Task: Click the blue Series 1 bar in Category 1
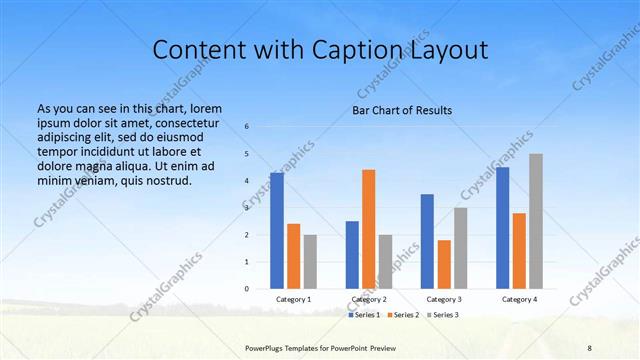tap(277, 231)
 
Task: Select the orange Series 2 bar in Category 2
tap(369, 229)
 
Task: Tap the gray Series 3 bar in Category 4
tap(536, 221)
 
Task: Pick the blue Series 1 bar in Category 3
tap(427, 241)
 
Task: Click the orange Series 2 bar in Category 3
tap(444, 264)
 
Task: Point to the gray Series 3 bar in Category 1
tap(310, 262)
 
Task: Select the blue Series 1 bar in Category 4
tap(502, 228)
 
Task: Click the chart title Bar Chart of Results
tap(402, 110)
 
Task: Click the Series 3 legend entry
tap(443, 315)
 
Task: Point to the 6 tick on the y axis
tap(247, 127)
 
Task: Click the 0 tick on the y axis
tap(247, 289)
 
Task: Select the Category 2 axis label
tap(369, 300)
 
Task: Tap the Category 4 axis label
tap(519, 300)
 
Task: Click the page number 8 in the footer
tap(590, 348)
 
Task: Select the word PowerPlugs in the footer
tap(267, 348)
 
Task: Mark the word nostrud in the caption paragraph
tap(164, 180)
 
